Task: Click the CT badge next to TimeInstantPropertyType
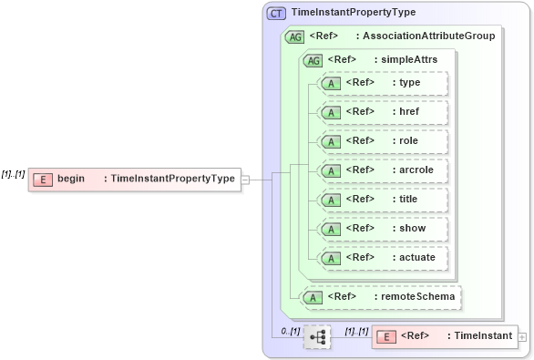coord(276,13)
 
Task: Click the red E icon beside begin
coord(42,179)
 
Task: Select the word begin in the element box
coord(71,179)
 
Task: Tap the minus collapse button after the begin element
coord(245,180)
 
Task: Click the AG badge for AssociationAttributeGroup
coord(294,36)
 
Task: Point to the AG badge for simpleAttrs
coord(313,60)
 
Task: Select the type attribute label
coord(409,83)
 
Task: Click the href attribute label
coord(409,111)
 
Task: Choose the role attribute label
coord(409,140)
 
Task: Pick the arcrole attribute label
coord(415,170)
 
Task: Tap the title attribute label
coord(409,199)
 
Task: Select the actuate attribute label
coord(417,257)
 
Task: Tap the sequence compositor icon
coord(317,337)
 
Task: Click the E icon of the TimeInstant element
coord(386,337)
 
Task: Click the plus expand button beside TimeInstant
coord(522,337)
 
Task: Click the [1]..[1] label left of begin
coord(13,174)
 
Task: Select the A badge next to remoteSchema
coord(313,297)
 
